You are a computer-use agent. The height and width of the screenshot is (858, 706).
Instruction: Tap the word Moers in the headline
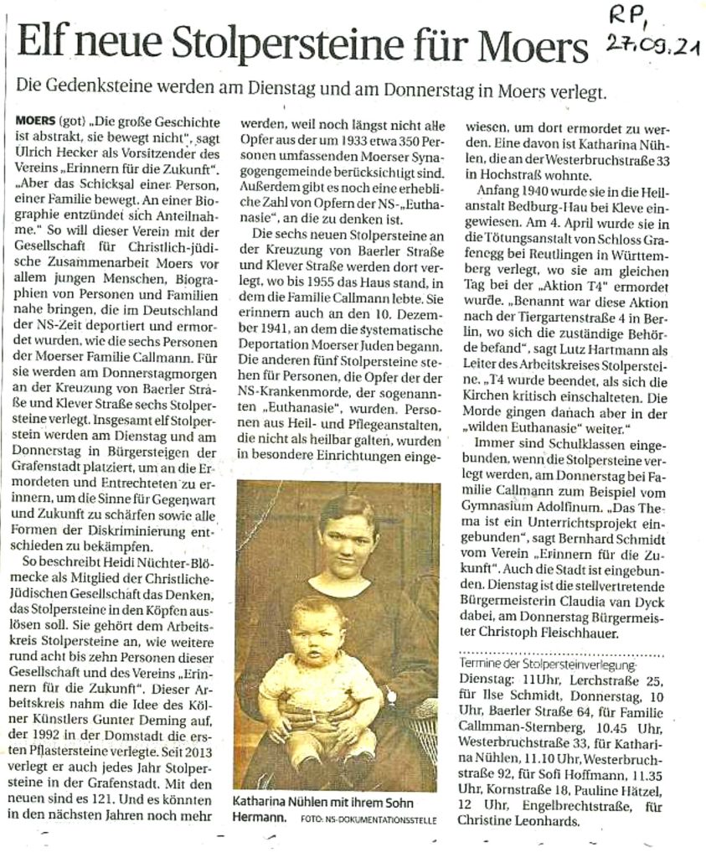pyautogui.click(x=533, y=44)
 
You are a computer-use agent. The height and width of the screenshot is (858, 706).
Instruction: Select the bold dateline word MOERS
pyautogui.click(x=35, y=121)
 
